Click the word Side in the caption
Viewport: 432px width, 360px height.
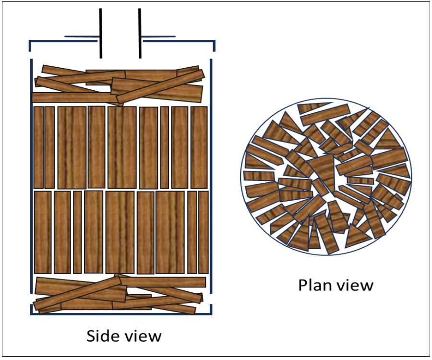[100, 336]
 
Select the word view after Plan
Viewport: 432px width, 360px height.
[355, 285]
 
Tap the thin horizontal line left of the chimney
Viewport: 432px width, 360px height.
[82, 37]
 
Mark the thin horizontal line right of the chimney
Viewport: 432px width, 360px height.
[158, 37]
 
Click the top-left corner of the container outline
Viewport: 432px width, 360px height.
[31, 42]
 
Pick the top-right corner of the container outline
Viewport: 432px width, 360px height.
[214, 42]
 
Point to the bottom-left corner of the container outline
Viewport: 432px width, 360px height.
[32, 314]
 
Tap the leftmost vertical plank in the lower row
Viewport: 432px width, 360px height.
[43, 232]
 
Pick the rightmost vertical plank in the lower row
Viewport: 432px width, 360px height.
[204, 232]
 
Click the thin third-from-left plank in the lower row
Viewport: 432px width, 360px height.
[77, 232]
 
